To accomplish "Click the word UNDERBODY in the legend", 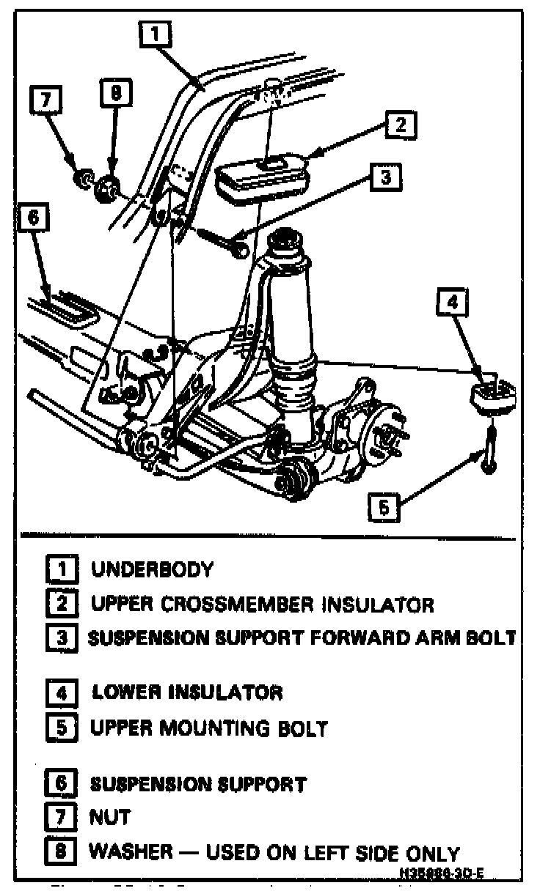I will point(152,569).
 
